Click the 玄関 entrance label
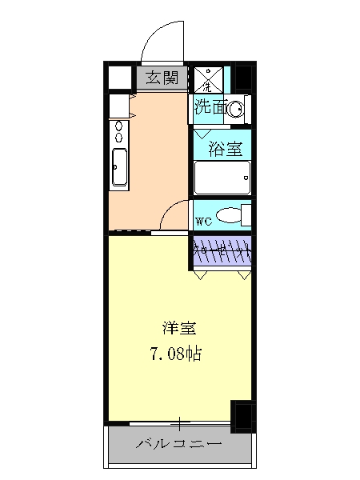(162, 78)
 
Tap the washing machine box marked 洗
(206, 78)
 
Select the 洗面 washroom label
(209, 107)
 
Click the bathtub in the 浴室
(222, 177)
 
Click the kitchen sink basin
(118, 168)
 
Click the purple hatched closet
(222, 251)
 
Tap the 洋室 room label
(179, 328)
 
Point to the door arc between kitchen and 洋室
(172, 214)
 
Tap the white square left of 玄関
(119, 78)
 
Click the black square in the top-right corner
(242, 77)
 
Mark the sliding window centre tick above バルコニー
(180, 422)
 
